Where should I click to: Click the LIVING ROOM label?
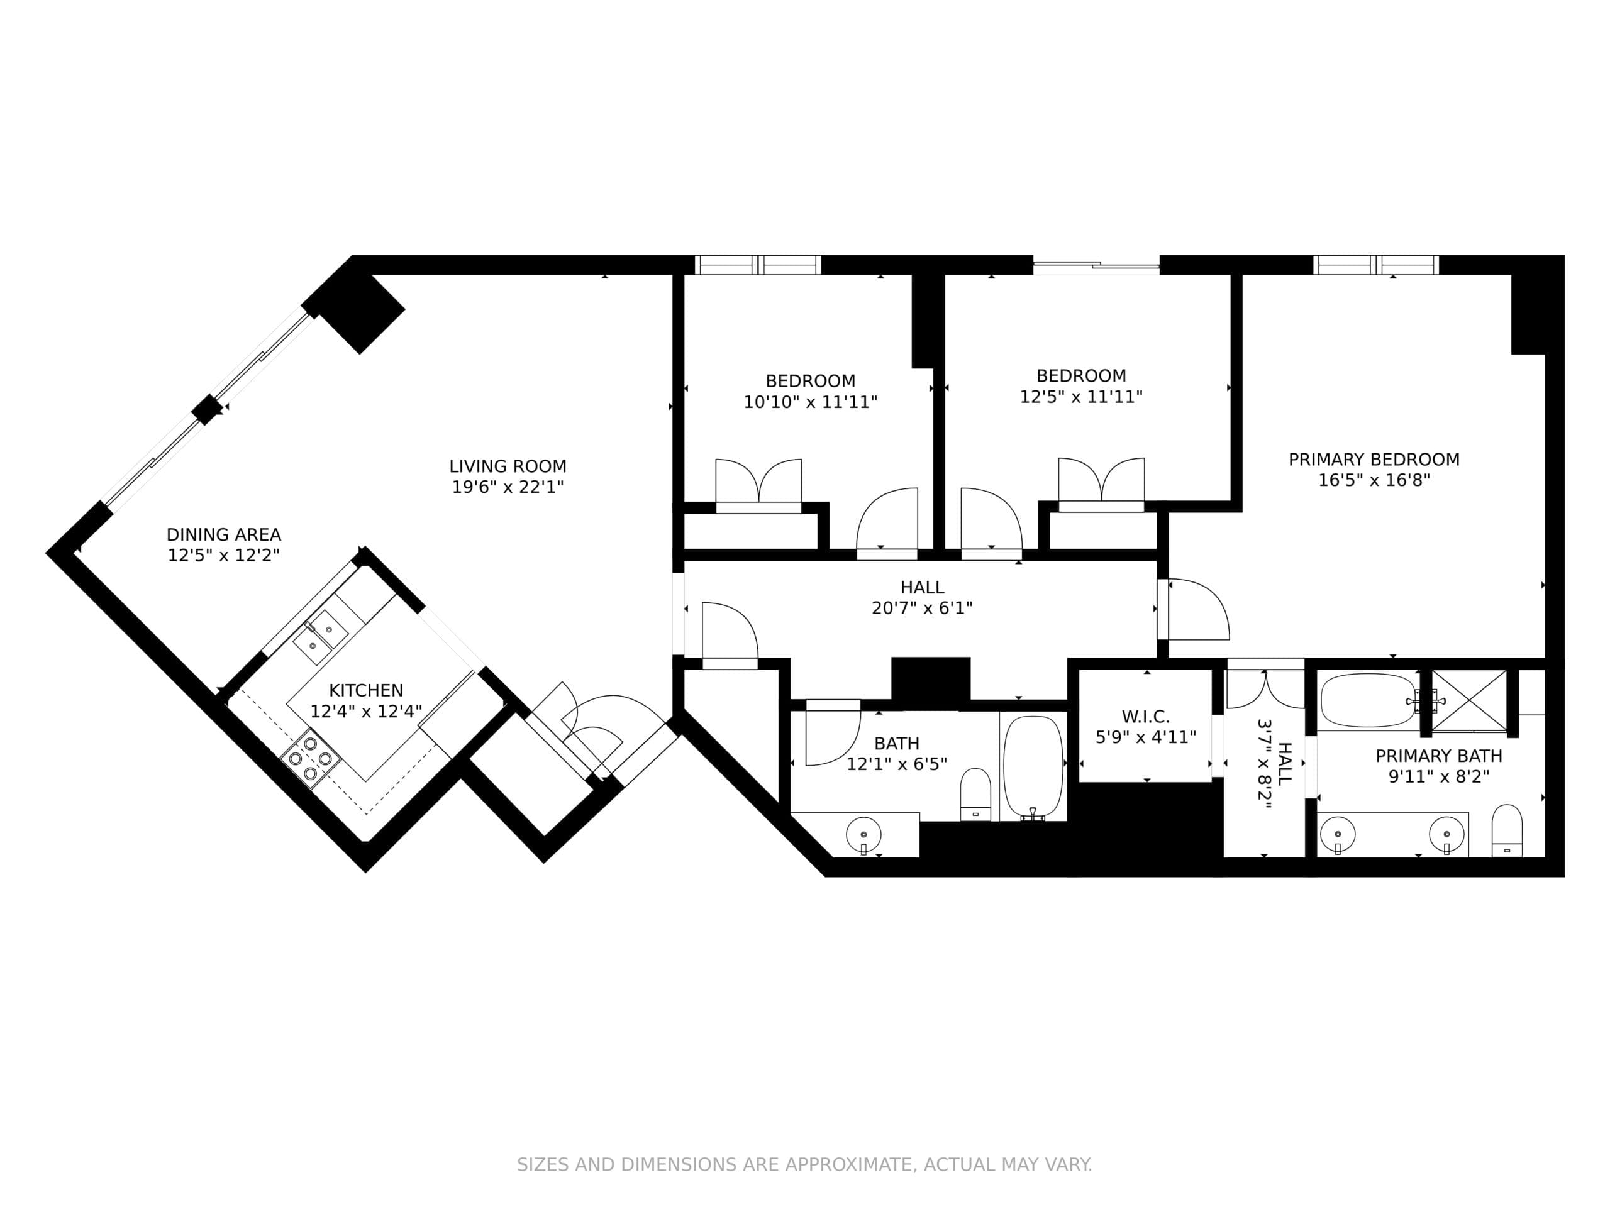click(508, 466)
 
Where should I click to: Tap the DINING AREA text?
click(223, 535)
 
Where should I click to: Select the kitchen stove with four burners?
click(310, 759)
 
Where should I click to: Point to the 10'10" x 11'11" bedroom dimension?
click(810, 402)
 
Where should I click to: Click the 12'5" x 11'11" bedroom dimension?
click(1081, 397)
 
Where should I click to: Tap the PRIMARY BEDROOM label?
click(1374, 460)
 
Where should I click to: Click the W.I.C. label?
click(1146, 717)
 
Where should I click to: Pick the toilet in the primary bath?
click(1507, 832)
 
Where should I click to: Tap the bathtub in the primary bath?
click(1369, 700)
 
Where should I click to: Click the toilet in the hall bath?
click(975, 795)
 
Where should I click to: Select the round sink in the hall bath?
click(863, 834)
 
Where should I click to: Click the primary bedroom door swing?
click(1199, 609)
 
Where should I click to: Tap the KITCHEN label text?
click(366, 690)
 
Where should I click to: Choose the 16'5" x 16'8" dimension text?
click(1374, 480)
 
